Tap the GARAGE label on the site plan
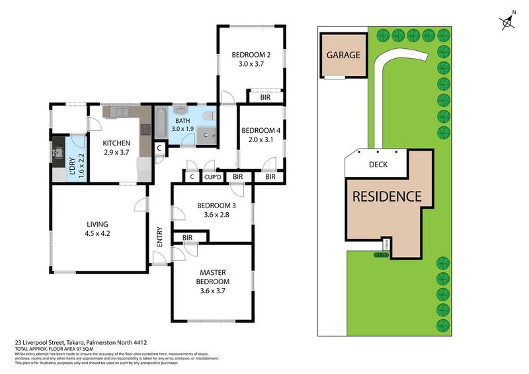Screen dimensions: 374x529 (x=343, y=55)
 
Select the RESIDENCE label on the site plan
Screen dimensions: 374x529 (x=386, y=196)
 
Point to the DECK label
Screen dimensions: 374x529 (x=378, y=165)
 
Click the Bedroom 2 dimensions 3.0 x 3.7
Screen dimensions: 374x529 (x=251, y=65)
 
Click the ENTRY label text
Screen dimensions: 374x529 (x=159, y=238)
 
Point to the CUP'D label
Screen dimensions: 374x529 (x=212, y=177)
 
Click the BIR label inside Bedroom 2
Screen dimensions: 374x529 (x=264, y=97)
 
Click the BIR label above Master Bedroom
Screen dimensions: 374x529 (x=187, y=237)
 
